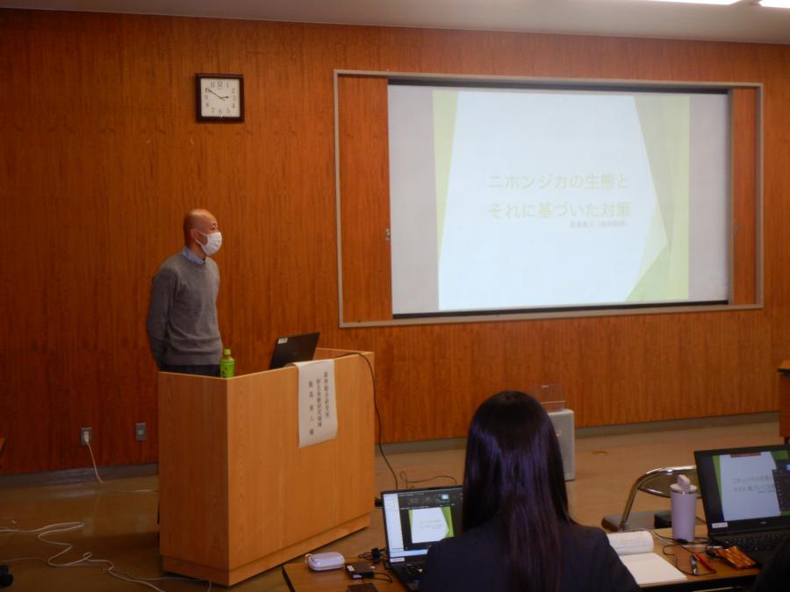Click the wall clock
(x=219, y=97)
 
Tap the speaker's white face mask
(x=210, y=242)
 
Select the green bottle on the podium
(x=227, y=363)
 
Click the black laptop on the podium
(x=294, y=350)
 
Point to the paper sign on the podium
(x=317, y=402)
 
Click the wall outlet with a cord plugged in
(x=86, y=435)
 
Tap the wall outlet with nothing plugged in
(x=140, y=431)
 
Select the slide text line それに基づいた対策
(x=559, y=210)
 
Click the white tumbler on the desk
(x=683, y=510)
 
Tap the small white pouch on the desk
(x=325, y=561)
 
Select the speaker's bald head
(x=197, y=223)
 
